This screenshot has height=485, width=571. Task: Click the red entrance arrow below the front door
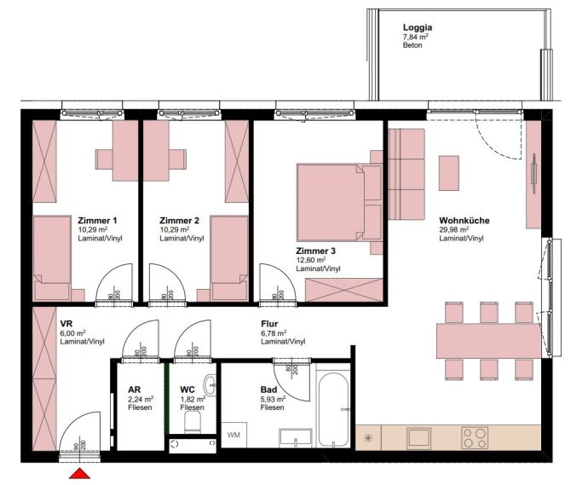click(x=78, y=474)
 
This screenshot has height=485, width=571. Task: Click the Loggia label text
click(x=418, y=27)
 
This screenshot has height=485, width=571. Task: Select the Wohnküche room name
click(x=464, y=221)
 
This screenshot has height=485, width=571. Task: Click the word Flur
click(x=270, y=324)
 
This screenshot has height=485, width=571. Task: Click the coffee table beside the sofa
click(x=448, y=173)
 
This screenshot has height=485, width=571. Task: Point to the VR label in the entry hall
click(x=66, y=324)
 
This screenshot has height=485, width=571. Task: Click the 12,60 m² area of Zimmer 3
click(x=311, y=260)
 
